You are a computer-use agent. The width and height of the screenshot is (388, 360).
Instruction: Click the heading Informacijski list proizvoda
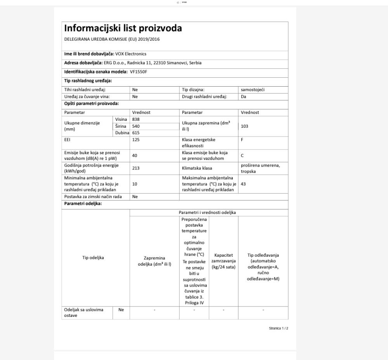pyautogui.click(x=123, y=28)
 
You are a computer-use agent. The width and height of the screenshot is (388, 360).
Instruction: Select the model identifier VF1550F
pyautogui.click(x=139, y=72)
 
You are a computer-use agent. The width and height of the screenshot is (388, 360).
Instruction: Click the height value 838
pyautogui.click(x=136, y=119)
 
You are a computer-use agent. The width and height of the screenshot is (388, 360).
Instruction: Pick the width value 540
pyautogui.click(x=136, y=126)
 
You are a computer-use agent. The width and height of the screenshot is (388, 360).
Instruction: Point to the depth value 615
pyautogui.click(x=136, y=133)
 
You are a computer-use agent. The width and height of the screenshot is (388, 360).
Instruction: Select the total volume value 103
pyautogui.click(x=244, y=126)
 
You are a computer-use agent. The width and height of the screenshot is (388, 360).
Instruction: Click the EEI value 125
pyautogui.click(x=136, y=140)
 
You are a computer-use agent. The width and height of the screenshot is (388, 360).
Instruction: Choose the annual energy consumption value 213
pyautogui.click(x=136, y=168)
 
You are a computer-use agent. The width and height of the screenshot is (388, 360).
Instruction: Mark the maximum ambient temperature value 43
pyautogui.click(x=243, y=184)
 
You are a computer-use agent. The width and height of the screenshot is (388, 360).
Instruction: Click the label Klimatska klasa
pyautogui.click(x=197, y=168)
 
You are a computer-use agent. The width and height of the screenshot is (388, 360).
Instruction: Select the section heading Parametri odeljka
pyautogui.click(x=83, y=205)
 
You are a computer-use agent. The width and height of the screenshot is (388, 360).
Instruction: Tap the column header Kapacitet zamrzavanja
pyautogui.click(x=223, y=261)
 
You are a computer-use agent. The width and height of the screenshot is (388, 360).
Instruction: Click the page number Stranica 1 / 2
pyautogui.click(x=278, y=329)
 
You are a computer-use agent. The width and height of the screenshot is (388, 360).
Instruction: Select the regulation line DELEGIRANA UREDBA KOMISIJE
pyautogui.click(x=112, y=39)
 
